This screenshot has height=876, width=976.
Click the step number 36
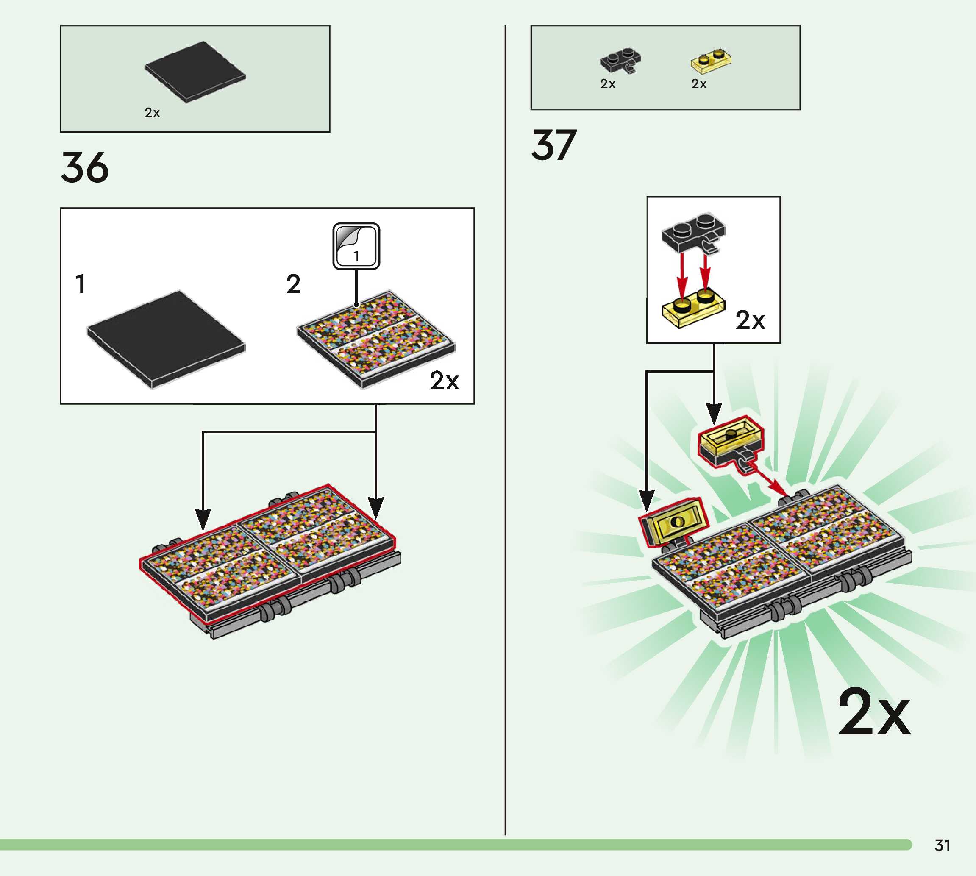point(85,167)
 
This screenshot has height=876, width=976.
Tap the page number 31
point(943,845)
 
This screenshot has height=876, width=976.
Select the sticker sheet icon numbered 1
point(356,246)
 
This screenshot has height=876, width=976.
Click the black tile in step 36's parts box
point(195,72)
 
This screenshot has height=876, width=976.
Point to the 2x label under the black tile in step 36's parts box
point(152,113)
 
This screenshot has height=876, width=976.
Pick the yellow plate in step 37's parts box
point(711,61)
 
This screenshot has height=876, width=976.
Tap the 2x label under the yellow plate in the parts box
point(699,84)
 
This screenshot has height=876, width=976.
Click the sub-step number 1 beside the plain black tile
point(81,284)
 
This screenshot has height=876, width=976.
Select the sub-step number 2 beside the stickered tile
point(293,284)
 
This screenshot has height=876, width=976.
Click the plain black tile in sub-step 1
point(166,339)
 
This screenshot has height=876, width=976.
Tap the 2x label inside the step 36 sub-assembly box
point(444,381)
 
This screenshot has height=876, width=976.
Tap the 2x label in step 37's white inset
point(750,320)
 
